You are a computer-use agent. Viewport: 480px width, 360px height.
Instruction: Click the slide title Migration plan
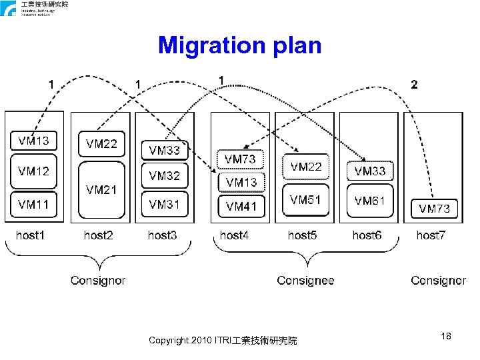(x=239, y=45)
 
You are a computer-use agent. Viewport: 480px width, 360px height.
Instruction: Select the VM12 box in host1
(x=33, y=171)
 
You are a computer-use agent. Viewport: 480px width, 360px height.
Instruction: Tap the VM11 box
(x=33, y=203)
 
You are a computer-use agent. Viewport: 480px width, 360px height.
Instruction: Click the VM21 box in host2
(x=101, y=190)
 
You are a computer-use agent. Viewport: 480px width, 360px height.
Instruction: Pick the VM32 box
(x=165, y=176)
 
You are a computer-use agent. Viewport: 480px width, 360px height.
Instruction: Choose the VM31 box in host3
(x=165, y=204)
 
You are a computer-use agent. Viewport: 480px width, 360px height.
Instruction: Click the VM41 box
(x=241, y=207)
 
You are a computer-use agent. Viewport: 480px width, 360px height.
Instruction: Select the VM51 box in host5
(x=305, y=200)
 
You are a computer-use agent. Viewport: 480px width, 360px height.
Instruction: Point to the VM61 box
(x=369, y=200)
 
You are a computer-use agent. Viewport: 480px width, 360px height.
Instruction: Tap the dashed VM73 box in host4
(x=240, y=159)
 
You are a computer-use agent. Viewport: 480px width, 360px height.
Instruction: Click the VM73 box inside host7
(x=434, y=209)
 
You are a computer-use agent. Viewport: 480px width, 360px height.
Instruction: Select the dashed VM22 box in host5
(x=305, y=167)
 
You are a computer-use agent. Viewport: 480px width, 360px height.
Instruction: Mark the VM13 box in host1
(x=33, y=141)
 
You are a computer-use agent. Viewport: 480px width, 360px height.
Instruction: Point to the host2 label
(x=99, y=235)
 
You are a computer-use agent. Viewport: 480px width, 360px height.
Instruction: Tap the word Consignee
(x=305, y=281)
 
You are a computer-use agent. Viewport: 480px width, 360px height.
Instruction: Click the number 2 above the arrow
(x=415, y=85)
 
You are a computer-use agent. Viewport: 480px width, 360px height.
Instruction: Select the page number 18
(x=446, y=337)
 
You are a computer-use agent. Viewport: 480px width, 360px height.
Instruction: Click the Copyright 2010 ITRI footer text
(x=223, y=341)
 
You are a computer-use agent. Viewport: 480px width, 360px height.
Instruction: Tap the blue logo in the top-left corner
(x=8, y=9)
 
